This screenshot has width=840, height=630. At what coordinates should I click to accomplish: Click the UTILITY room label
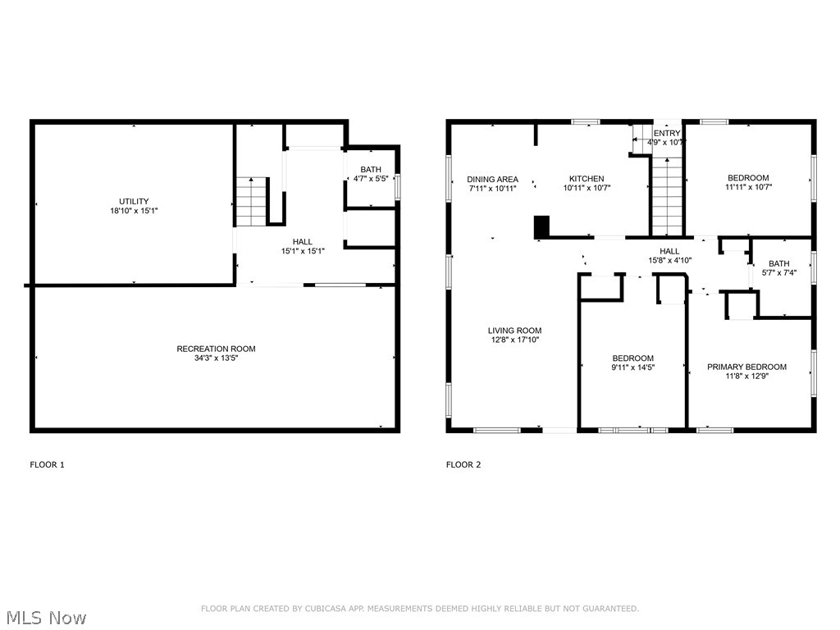click(x=133, y=201)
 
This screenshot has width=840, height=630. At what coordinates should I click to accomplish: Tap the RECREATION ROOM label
click(x=216, y=349)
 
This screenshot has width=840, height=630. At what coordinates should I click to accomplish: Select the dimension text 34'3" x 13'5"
click(x=216, y=358)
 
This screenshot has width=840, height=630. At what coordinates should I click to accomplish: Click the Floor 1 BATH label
click(x=370, y=169)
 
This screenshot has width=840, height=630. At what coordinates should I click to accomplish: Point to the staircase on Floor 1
click(x=249, y=202)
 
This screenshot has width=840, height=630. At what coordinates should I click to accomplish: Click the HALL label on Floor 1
click(x=303, y=241)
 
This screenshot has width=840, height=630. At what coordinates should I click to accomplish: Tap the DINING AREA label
click(x=492, y=179)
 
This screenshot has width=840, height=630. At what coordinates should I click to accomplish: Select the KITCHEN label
click(x=587, y=179)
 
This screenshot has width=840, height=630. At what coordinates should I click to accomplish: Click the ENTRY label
click(x=666, y=133)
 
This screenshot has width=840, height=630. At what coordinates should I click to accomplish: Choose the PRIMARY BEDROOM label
click(x=746, y=367)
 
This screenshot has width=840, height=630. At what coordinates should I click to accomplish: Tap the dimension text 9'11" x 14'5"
click(x=632, y=367)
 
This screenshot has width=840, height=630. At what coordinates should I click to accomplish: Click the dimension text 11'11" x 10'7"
click(x=748, y=187)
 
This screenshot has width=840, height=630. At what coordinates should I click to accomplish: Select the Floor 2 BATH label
click(x=778, y=263)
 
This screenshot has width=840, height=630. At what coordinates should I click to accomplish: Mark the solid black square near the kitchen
click(x=541, y=226)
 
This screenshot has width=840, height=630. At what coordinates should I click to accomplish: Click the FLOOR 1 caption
click(x=47, y=465)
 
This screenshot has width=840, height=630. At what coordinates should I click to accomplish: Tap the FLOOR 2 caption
click(x=463, y=465)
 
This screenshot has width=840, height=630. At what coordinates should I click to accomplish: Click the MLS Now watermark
click(x=46, y=617)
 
